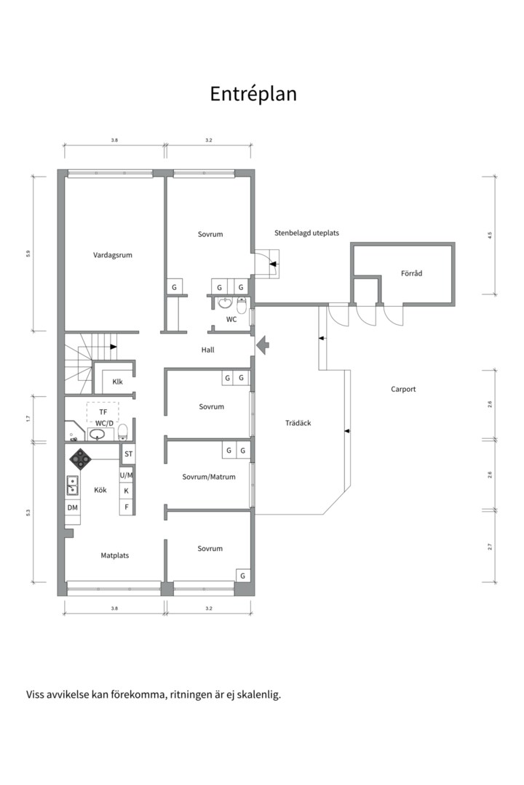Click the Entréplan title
click(253, 94)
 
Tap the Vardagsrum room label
click(113, 255)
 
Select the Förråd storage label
click(412, 273)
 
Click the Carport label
click(403, 389)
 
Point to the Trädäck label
click(298, 423)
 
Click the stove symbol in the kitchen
click(80, 458)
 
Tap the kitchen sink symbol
click(72, 486)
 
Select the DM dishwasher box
click(73, 507)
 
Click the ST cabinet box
click(128, 454)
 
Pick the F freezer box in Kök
click(127, 507)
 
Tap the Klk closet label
click(117, 382)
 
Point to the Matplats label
click(115, 555)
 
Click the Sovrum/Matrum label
click(209, 477)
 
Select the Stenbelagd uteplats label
click(306, 233)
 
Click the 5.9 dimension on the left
click(28, 254)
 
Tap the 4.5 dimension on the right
click(490, 234)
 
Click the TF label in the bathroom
click(103, 412)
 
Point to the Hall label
click(207, 350)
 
